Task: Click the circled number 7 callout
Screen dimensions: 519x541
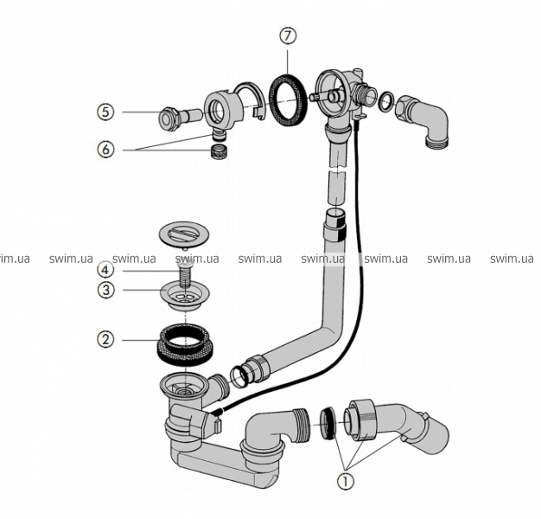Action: pyautogui.click(x=288, y=38)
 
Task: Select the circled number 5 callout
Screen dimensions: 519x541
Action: pyautogui.click(x=105, y=112)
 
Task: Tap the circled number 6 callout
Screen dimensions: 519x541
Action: pyautogui.click(x=105, y=149)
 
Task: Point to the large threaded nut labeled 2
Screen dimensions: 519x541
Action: pyautogui.click(x=186, y=342)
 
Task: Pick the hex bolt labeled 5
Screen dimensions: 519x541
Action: pyautogui.click(x=169, y=117)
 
